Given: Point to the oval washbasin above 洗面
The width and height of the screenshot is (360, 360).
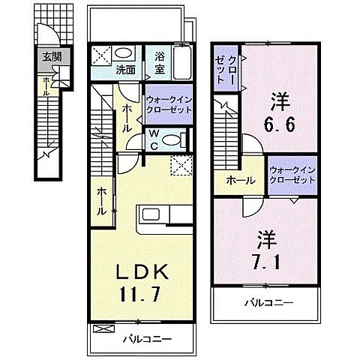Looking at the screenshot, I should tap(126, 54).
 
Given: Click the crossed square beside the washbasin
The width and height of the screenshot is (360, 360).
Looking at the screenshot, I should tap(102, 54).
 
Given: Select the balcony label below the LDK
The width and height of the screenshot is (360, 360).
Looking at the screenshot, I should tap(145, 339).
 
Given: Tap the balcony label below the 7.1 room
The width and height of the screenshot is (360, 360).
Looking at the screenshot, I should tap(268, 303).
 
